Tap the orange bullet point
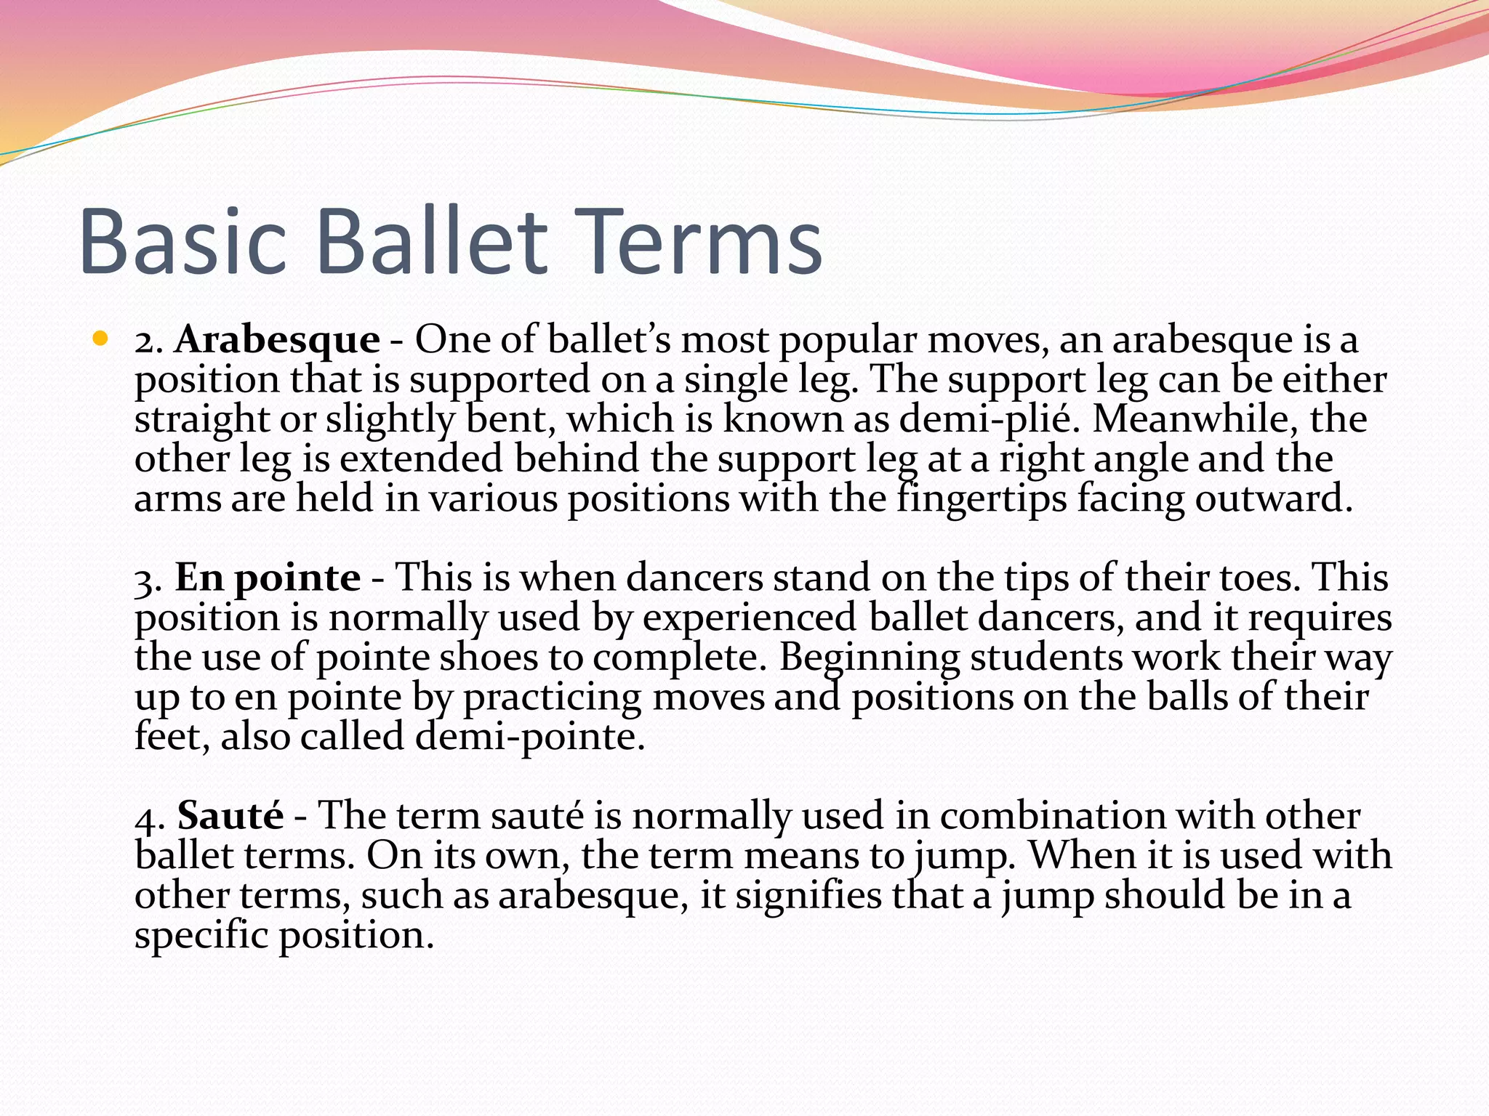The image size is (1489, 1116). coord(100,339)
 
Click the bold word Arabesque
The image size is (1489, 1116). coord(276,340)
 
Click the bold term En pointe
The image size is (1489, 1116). coord(267,578)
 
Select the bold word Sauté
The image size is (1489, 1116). coord(230,815)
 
